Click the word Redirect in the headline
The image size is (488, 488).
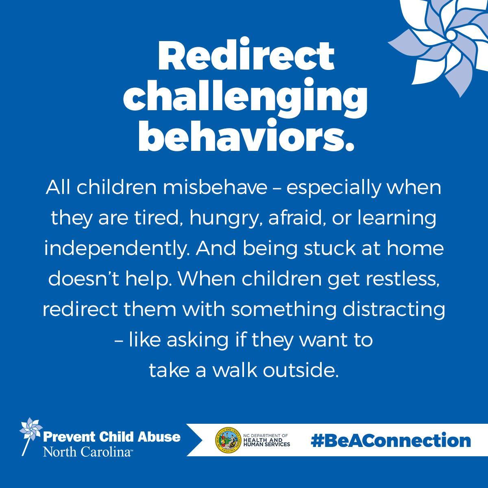coord(246,56)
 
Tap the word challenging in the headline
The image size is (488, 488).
coord(245,98)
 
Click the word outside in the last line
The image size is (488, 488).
coord(301,370)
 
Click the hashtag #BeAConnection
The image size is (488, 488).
coord(390,441)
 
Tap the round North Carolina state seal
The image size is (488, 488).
coord(228,440)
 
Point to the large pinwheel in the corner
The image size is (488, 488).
coord(441,43)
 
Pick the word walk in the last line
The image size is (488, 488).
coord(234,370)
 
